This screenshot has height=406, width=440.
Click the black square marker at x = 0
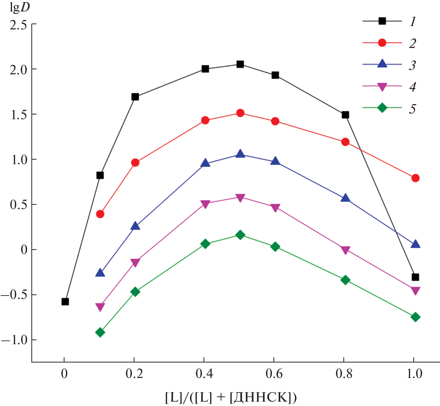(65, 301)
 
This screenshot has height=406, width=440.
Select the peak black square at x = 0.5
(240, 64)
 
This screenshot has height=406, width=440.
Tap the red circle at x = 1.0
(415, 178)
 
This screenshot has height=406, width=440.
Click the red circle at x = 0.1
(100, 214)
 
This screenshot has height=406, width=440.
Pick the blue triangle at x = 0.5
(240, 154)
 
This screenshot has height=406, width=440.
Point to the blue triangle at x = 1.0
(415, 244)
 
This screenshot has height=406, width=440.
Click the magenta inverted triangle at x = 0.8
(345, 250)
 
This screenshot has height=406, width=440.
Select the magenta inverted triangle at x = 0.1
(100, 307)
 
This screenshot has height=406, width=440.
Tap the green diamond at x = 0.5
(240, 235)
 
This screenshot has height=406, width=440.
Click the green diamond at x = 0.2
(135, 292)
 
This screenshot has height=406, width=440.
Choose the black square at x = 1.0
(415, 277)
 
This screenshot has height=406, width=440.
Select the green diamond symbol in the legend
(382, 108)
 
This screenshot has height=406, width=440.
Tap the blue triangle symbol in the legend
(382, 64)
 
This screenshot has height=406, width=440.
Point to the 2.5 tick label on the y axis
(19, 25)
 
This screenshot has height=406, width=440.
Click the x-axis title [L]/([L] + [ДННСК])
(231, 397)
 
